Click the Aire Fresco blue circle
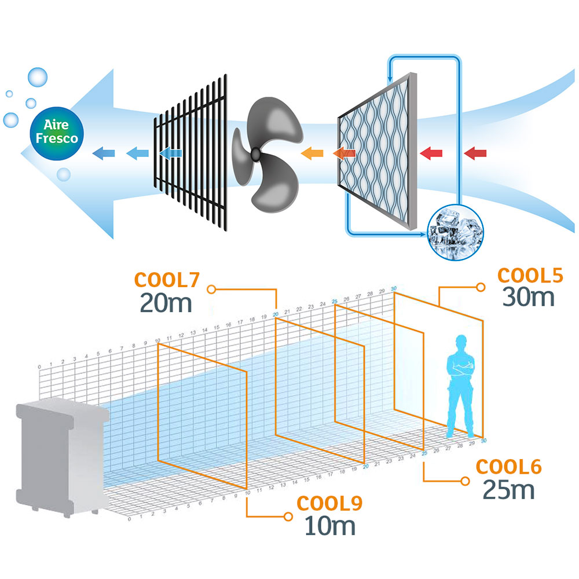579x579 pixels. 56,131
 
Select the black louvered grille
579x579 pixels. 191,151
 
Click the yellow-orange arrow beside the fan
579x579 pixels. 311,153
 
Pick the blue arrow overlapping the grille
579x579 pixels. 170,153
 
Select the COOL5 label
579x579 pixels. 530,276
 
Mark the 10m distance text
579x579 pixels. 329,526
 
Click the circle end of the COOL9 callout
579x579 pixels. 288,515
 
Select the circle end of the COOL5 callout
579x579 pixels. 480,286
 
